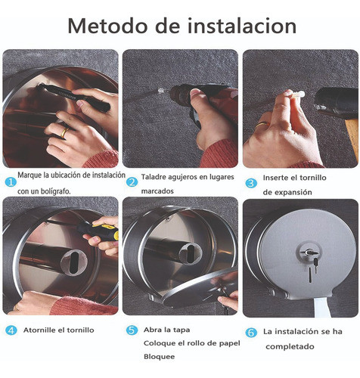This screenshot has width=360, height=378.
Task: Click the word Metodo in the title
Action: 108,26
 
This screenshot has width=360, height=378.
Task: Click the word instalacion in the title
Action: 240,26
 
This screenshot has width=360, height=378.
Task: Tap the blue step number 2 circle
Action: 132,181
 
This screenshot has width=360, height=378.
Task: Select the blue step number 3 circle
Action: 250,181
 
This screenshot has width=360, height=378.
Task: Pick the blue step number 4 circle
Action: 9,330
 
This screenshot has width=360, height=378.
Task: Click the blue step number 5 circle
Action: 132,330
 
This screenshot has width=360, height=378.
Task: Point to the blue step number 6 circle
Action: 251,333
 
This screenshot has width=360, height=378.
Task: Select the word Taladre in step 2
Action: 156,177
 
